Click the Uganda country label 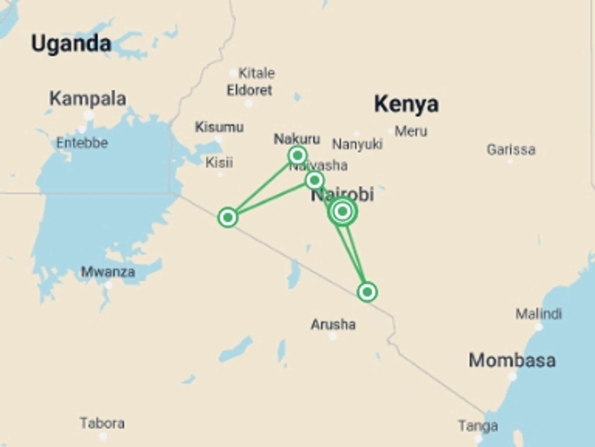pyautogui.click(x=71, y=43)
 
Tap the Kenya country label pyautogui.click(x=406, y=104)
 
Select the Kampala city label pyautogui.click(x=88, y=99)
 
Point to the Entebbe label pyautogui.click(x=82, y=143)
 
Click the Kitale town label pyautogui.click(x=256, y=73)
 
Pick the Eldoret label pyautogui.click(x=249, y=90)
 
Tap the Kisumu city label pyautogui.click(x=219, y=127)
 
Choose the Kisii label pyautogui.click(x=219, y=163)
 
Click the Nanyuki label pyautogui.click(x=357, y=144)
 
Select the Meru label pyautogui.click(x=411, y=131)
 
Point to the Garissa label pyautogui.click(x=511, y=150)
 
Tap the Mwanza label pyautogui.click(x=108, y=272)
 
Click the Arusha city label pyautogui.click(x=333, y=325)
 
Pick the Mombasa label pyautogui.click(x=512, y=360)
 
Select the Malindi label pyautogui.click(x=539, y=314)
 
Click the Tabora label pyautogui.click(x=102, y=423)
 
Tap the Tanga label pyautogui.click(x=478, y=426)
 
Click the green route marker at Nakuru pyautogui.click(x=297, y=155)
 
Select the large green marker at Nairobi pyautogui.click(x=342, y=211)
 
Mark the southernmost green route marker pyautogui.click(x=367, y=292)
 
